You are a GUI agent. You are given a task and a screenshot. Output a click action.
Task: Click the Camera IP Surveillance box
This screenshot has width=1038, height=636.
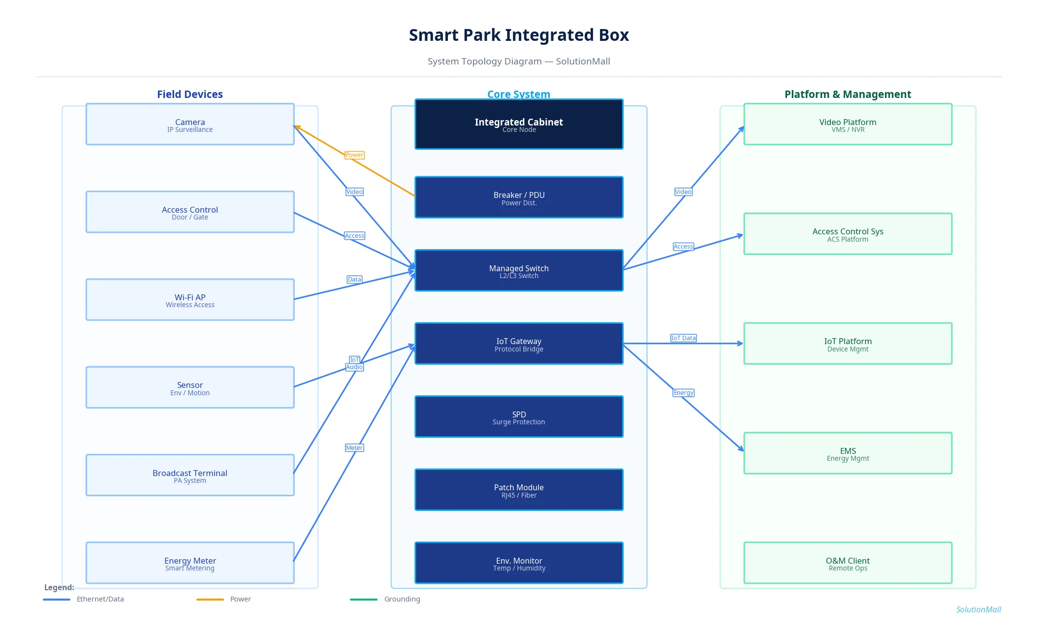[190, 125]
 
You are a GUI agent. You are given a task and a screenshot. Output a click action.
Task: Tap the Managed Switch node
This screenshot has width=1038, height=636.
[519, 271]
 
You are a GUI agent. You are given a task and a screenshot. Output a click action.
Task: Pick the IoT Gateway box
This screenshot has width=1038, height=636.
[519, 344]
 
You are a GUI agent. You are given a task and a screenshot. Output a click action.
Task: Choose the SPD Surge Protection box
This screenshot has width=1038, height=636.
[519, 417]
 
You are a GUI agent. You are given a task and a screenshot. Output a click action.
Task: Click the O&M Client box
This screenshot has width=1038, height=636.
[848, 563]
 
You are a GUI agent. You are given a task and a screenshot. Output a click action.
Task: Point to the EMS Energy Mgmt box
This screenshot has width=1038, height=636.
[848, 453]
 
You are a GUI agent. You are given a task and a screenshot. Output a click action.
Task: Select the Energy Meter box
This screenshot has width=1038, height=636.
[190, 563]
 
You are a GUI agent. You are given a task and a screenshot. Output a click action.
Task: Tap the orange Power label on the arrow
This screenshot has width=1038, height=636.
[354, 155]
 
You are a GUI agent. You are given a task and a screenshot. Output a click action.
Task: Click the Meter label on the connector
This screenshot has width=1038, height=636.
[354, 448]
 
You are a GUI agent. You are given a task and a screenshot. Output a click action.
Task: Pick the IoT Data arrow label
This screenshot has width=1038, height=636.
[683, 338]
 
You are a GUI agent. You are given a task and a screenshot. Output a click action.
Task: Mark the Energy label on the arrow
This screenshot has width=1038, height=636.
[683, 393]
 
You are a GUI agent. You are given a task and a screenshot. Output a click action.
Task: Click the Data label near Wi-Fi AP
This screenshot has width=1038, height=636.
[354, 280]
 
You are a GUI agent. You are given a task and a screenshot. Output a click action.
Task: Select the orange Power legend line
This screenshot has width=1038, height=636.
[210, 600]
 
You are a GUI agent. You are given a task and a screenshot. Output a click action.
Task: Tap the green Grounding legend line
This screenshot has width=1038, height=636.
[364, 600]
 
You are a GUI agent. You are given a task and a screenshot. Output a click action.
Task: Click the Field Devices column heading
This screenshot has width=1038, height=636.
[190, 95]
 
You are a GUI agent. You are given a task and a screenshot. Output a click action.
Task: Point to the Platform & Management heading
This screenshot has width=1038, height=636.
[848, 95]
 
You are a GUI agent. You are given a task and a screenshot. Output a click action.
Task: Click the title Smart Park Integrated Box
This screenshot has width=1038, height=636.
[519, 35]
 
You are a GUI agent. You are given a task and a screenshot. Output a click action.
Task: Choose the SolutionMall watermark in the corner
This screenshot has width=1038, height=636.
[978, 610]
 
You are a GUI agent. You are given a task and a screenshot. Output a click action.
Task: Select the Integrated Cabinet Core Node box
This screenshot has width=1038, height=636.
[519, 125]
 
